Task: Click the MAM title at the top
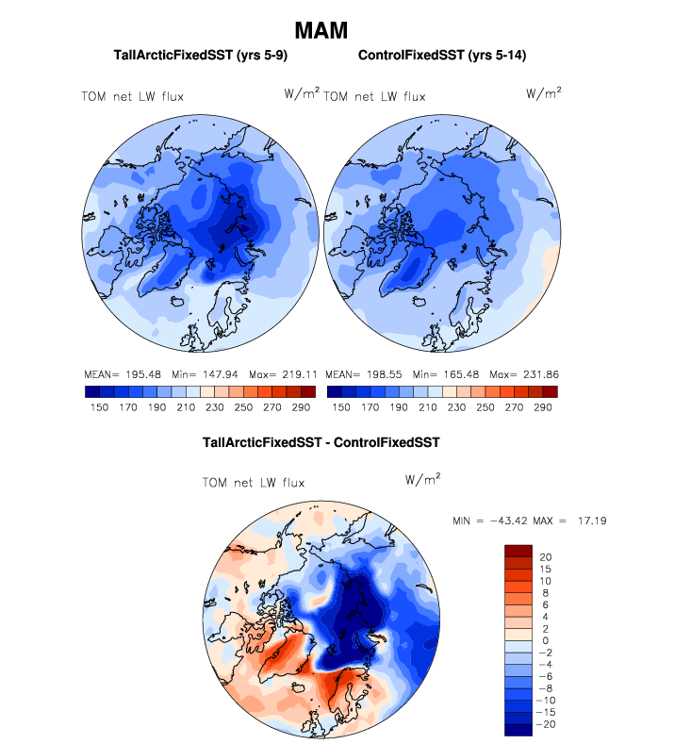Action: pos(321,30)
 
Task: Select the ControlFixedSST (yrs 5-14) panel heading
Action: pos(442,57)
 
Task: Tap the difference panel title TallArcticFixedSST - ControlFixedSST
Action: pos(321,441)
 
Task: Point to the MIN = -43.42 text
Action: pos(493,521)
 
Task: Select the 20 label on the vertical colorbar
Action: pos(546,557)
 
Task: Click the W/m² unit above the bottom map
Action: pos(423,480)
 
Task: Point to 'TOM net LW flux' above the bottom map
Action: pos(254,483)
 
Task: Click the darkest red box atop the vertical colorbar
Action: pos(519,551)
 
